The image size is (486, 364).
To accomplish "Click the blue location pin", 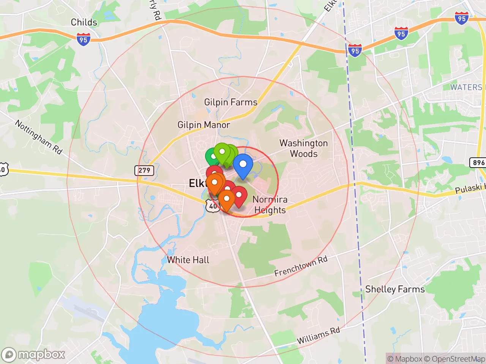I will (243, 165).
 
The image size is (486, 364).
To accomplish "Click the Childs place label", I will (84, 22).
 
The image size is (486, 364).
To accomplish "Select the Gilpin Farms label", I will (230, 102).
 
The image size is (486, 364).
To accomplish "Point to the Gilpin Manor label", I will (204, 125).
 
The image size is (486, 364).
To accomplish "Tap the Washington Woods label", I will (303, 148).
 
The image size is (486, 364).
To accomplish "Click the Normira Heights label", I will (270, 204).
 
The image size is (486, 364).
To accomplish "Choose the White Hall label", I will (188, 260).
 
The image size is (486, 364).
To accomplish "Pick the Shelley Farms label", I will (394, 289).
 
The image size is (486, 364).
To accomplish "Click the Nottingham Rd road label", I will (38, 136).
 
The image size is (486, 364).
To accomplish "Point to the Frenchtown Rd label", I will (301, 266).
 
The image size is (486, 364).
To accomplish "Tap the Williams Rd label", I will (318, 335).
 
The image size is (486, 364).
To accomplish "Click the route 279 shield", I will (144, 170).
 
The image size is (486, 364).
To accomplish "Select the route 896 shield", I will (478, 163).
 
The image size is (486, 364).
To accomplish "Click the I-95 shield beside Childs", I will (83, 39).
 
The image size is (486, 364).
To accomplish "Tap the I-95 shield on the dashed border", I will (355, 50).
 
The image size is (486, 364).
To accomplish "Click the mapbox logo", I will (33, 355).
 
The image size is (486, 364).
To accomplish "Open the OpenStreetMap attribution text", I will (454, 359).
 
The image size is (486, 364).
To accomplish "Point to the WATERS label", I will (466, 87).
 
